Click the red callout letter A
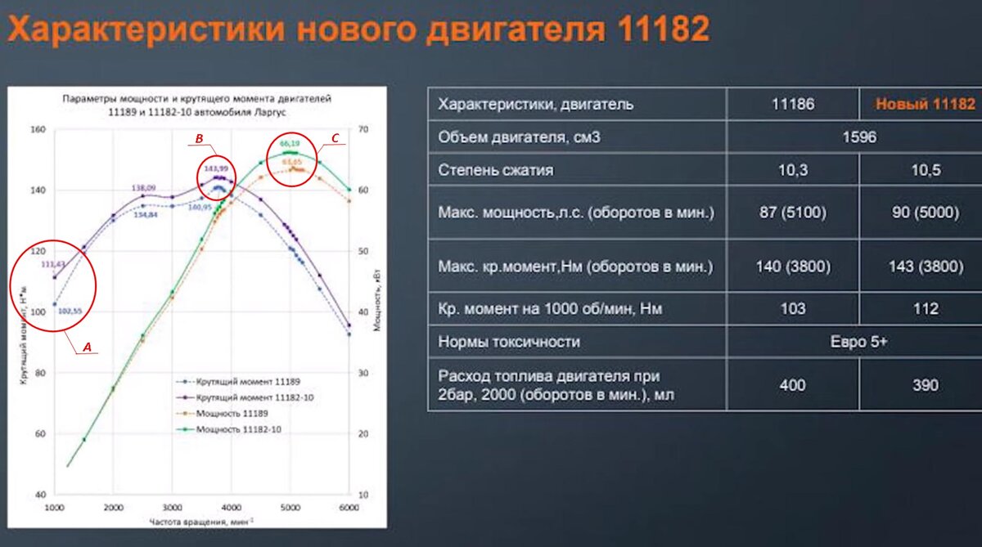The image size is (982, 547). (x=86, y=347)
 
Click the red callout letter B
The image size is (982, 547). (x=199, y=139)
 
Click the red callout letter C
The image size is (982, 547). (x=334, y=139)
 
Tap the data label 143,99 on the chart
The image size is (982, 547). (x=215, y=167)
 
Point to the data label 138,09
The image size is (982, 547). (x=144, y=188)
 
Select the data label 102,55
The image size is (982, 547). (x=72, y=311)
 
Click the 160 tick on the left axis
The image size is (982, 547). (x=38, y=129)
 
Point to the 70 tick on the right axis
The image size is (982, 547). (x=364, y=129)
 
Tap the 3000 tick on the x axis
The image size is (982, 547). (x=172, y=507)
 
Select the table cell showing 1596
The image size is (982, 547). (x=858, y=137)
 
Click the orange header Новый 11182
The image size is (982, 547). (x=926, y=104)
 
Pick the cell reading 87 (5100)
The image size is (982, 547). (x=793, y=213)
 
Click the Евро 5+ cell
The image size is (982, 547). (x=858, y=342)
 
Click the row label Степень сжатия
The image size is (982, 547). (x=496, y=171)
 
